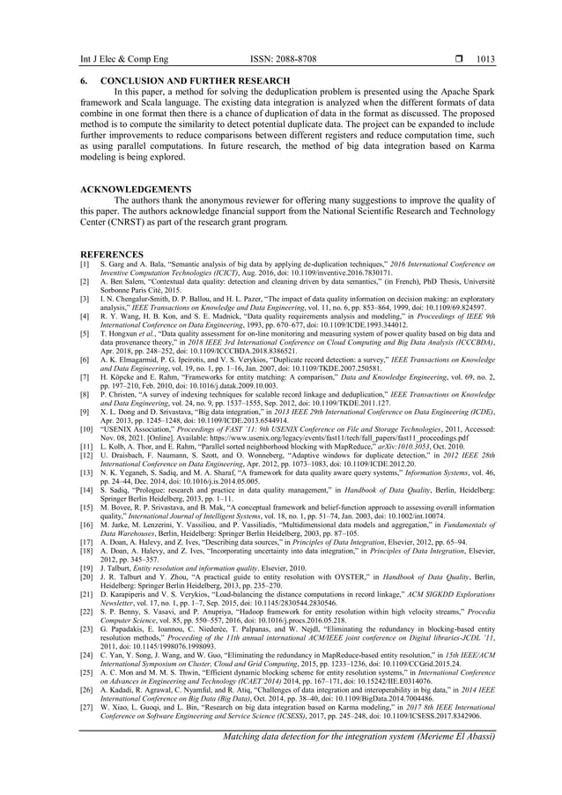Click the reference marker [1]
coord(85,264)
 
